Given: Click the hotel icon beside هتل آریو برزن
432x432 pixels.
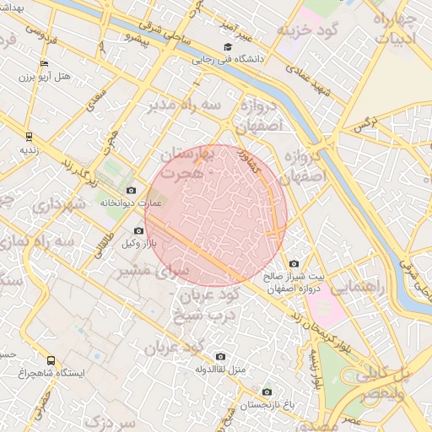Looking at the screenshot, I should (44, 63).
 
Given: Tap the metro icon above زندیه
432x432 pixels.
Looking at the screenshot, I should (29, 135).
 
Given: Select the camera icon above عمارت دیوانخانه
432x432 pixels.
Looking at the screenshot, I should (131, 190).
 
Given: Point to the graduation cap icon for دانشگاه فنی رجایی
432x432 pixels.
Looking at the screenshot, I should (226, 47).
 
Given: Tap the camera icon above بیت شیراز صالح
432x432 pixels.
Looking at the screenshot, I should (294, 263).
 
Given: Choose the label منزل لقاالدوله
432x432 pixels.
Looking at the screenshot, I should (219, 370).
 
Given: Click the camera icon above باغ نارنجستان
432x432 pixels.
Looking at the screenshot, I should (267, 391).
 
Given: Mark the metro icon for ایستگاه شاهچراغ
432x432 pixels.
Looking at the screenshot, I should (51, 359).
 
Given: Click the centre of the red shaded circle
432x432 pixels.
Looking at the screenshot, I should (216, 215).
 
